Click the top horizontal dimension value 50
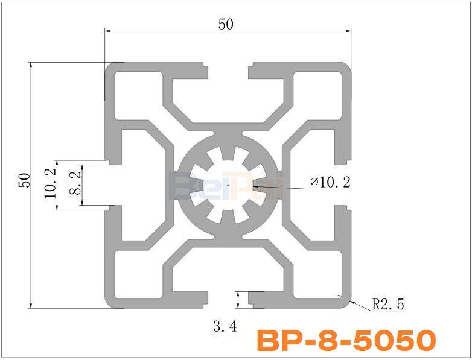coord(226,24)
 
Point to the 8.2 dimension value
coord(74,183)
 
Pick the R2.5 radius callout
coord(387,305)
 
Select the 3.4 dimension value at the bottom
coord(225,327)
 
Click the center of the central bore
coord(228,185)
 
